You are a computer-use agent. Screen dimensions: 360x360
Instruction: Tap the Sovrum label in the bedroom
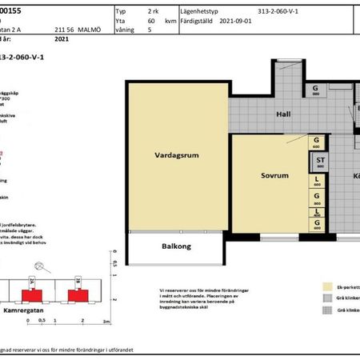[262, 174]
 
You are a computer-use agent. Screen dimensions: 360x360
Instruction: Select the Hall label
[282, 114]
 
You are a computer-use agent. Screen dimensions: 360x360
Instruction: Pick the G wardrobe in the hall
[316, 90]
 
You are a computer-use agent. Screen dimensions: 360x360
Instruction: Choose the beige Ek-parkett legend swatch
[326, 285]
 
